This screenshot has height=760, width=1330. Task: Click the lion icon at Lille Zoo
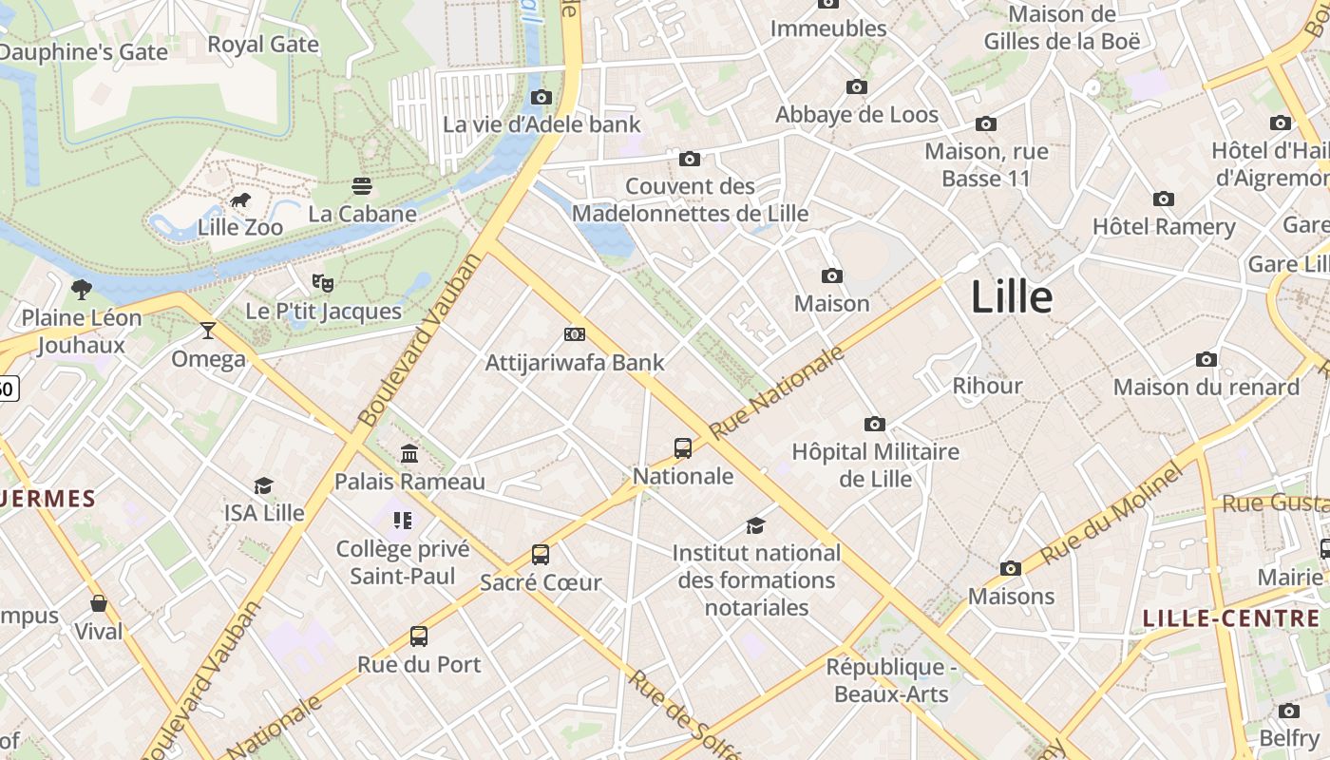click(x=240, y=199)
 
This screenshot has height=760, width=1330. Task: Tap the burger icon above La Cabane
click(x=362, y=185)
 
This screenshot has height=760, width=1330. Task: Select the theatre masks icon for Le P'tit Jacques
click(x=323, y=282)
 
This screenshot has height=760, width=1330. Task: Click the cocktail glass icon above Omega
click(x=208, y=331)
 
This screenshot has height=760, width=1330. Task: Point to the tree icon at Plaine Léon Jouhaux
click(x=82, y=289)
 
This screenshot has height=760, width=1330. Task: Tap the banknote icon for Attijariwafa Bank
click(x=575, y=334)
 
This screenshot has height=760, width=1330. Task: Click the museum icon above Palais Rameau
click(x=409, y=453)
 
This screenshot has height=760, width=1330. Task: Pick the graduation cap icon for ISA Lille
click(x=263, y=485)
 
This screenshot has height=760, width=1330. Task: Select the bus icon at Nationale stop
click(x=682, y=447)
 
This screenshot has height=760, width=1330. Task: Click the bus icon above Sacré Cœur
click(x=541, y=554)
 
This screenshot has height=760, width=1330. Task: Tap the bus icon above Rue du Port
click(x=419, y=636)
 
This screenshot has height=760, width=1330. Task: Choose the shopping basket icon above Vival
click(x=99, y=603)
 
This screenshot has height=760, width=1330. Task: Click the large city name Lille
click(x=1012, y=297)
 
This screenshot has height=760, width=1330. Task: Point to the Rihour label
click(x=987, y=386)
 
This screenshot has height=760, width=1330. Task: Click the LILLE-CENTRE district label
click(x=1230, y=619)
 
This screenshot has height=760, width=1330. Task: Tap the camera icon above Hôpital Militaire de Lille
click(x=874, y=424)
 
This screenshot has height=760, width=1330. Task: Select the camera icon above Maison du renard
click(x=1206, y=359)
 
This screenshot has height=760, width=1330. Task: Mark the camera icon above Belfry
click(x=1289, y=711)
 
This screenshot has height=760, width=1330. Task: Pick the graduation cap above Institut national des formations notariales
click(x=756, y=525)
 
